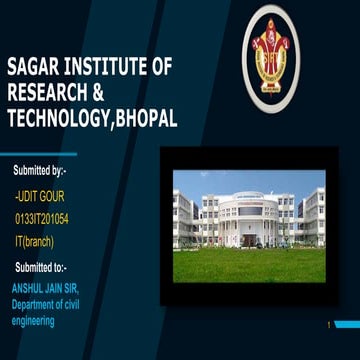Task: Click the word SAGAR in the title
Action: pyautogui.click(x=32, y=69)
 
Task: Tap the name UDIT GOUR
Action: pyautogui.click(x=41, y=198)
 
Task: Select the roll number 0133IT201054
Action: pyautogui.click(x=48, y=219)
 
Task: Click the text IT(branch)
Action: pyautogui.click(x=34, y=241)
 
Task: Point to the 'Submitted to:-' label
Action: pyautogui.click(x=42, y=267)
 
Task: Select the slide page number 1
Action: pyautogui.click(x=327, y=324)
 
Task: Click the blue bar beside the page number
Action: pyautogui.click(x=346, y=324)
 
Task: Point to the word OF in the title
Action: pyautogui.click(x=162, y=69)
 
